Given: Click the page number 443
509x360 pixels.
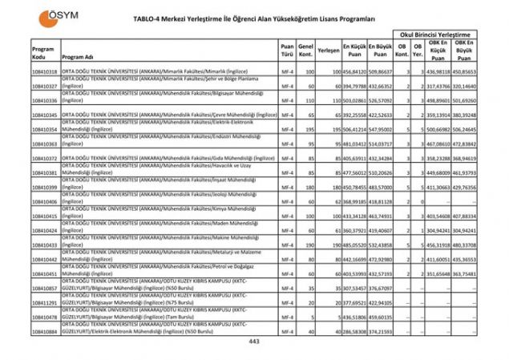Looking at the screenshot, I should (x=255, y=342).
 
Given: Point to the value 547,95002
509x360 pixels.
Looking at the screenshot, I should (x=381, y=129).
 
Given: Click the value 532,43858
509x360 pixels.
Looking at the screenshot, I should (x=381, y=245).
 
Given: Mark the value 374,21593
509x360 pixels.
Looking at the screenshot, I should (x=381, y=331).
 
